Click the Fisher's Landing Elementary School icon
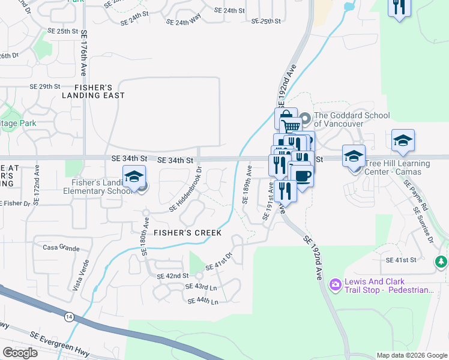click(134, 176)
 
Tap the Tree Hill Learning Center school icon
click(354, 156)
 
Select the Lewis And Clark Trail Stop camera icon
click(335, 283)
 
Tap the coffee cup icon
click(302, 176)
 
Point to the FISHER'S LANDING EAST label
click(93, 91)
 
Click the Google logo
click(20, 352)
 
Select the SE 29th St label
click(45, 86)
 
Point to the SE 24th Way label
click(183, 22)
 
